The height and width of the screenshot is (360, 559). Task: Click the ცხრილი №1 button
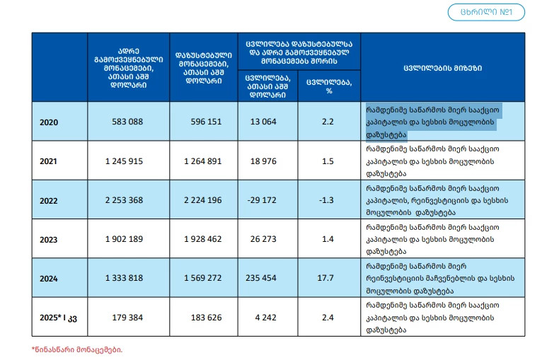486,12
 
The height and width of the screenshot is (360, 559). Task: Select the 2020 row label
49,122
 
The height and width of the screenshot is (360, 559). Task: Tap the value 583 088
127,122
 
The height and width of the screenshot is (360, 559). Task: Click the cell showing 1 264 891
202,161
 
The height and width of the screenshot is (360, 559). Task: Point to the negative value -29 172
262,200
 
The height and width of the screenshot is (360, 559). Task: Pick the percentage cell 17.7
325,278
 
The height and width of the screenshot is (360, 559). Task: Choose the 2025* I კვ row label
59,318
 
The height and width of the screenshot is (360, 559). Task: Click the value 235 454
261,278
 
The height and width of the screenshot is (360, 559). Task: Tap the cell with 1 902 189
124,239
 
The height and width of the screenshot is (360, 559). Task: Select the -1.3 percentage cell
326,200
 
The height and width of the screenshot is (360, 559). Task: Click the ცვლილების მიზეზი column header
442,68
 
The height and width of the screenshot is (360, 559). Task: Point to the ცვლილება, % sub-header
329,86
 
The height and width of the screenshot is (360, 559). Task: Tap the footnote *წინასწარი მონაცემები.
77,349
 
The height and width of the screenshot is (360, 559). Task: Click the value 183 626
206,318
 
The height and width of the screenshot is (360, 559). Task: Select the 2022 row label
49,201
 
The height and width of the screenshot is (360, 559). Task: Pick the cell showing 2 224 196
202,200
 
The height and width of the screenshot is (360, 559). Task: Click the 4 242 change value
265,318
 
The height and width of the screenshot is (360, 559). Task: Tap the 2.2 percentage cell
328,122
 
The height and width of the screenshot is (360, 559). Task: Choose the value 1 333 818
124,278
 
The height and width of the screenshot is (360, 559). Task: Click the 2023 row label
49,240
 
